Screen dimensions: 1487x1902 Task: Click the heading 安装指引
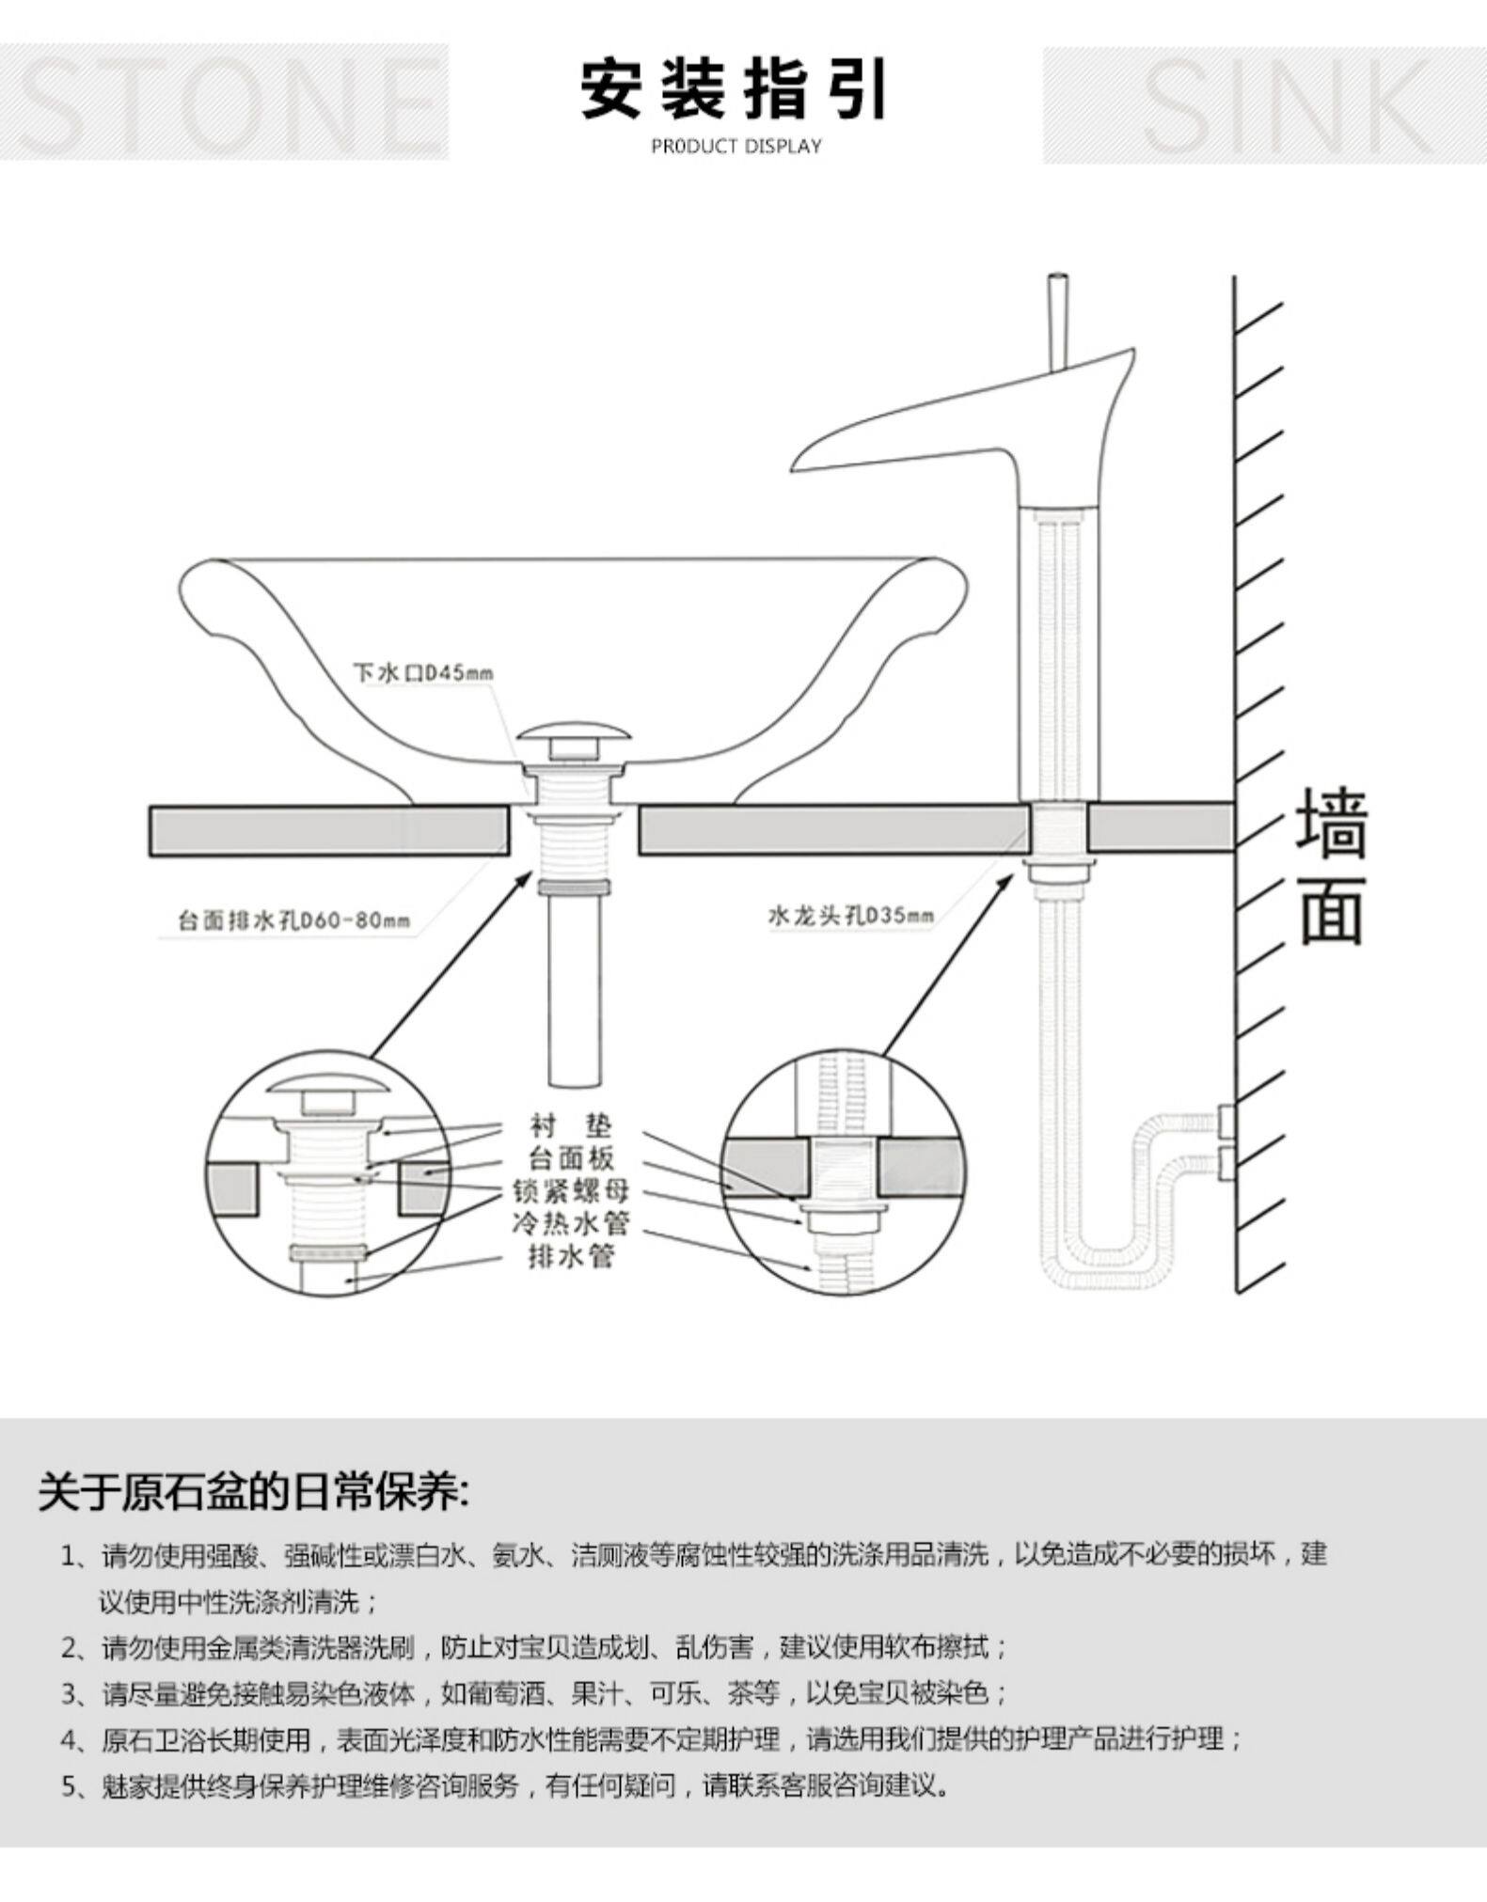click(x=733, y=89)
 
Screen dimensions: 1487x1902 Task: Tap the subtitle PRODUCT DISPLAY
click(x=736, y=147)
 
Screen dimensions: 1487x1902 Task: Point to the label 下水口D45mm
click(x=423, y=673)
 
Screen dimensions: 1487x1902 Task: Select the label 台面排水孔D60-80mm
click(x=294, y=918)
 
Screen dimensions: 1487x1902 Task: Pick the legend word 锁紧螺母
click(x=570, y=1190)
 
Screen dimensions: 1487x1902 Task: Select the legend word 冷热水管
click(x=570, y=1223)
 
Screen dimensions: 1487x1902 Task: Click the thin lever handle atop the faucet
click(x=1059, y=320)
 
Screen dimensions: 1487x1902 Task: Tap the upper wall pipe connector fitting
click(x=1226, y=1120)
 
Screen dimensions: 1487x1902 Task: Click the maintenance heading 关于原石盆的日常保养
click(x=253, y=1492)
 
